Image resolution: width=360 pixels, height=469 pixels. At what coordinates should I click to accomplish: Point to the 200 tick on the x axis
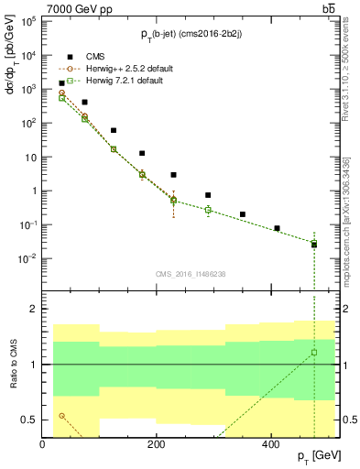click(157, 444)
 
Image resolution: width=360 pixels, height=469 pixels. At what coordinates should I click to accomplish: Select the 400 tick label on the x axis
click(270, 444)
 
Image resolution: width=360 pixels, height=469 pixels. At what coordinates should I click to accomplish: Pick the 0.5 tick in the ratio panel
click(30, 420)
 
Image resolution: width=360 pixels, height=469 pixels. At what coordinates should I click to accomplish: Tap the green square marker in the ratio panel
click(314, 353)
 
